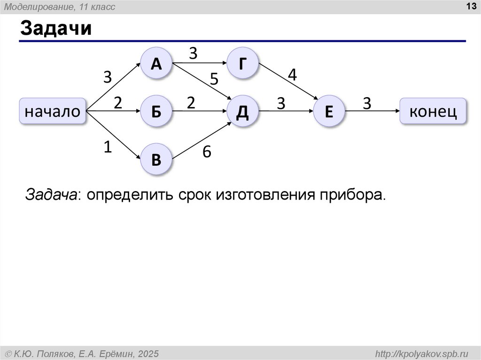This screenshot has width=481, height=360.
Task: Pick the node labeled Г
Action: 242,63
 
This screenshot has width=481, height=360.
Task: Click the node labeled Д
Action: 242,112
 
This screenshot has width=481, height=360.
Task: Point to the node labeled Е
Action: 329,112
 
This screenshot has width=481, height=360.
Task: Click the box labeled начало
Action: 53,112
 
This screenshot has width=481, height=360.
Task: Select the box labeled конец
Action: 433,111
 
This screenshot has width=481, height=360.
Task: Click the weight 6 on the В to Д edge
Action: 207,152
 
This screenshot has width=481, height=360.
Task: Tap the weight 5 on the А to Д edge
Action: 214,79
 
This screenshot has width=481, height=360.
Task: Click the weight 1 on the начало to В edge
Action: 108,147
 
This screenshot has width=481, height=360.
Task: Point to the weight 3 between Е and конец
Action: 367,103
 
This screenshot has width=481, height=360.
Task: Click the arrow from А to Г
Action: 200,63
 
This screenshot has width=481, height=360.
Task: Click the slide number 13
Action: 470,6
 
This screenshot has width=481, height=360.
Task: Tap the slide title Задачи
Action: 55,29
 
